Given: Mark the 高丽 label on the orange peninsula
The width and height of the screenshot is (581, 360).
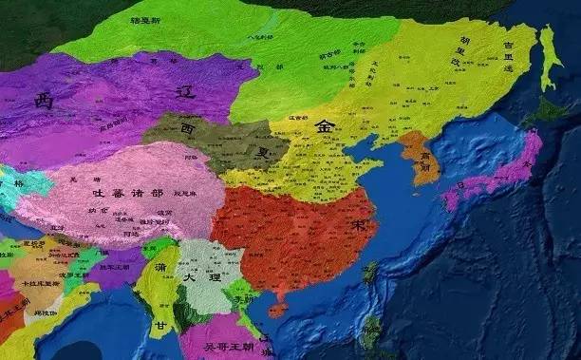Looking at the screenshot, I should (419, 159).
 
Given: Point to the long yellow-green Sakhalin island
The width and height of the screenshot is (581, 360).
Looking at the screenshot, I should (549, 57).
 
